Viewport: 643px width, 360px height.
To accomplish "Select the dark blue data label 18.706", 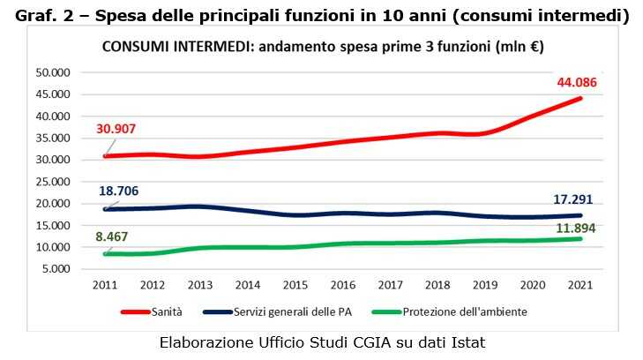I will coord(118,191).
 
